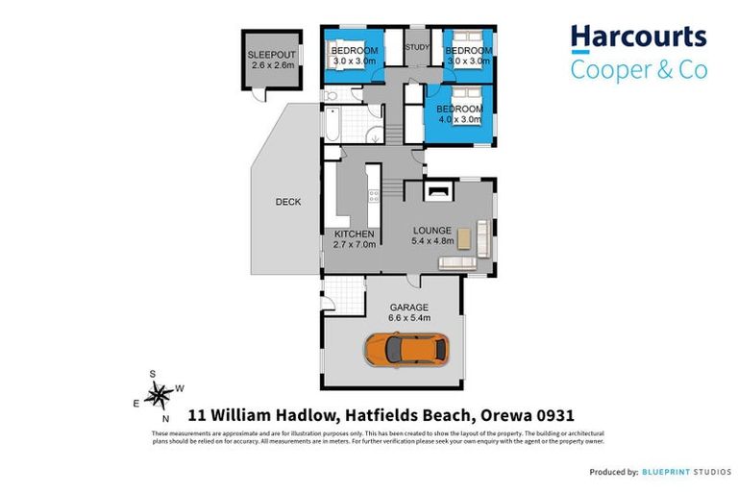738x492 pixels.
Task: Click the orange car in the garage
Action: (x=405, y=348)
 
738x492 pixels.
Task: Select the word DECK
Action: (x=287, y=202)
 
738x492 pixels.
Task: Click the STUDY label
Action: (x=417, y=46)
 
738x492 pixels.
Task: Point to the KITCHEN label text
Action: (x=354, y=234)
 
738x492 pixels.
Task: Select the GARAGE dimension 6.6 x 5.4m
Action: (x=408, y=318)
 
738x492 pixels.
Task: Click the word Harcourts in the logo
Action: (x=638, y=37)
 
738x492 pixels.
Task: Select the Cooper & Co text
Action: (x=638, y=69)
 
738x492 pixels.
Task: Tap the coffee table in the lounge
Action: (x=463, y=236)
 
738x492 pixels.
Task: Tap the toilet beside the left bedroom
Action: (x=330, y=95)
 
